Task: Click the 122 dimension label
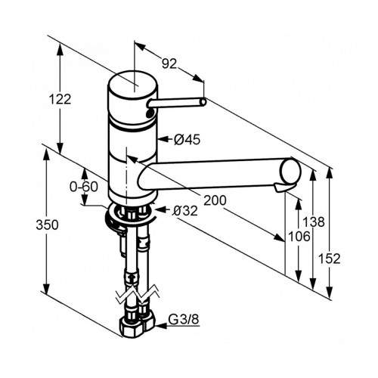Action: tap(60, 99)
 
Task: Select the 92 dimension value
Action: tap(169, 64)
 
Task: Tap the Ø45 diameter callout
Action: tap(187, 139)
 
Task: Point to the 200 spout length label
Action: tap(215, 200)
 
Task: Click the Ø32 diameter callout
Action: tap(184, 211)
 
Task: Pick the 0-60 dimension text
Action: tap(84, 187)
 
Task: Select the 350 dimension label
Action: tap(47, 225)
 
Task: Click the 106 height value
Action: tap(299, 237)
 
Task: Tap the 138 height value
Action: tap(314, 222)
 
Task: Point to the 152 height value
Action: tap(329, 259)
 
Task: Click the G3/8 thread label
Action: tap(184, 320)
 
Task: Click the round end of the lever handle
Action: tap(203, 101)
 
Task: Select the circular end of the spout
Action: tap(290, 171)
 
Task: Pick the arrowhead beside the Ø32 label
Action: tap(160, 209)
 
